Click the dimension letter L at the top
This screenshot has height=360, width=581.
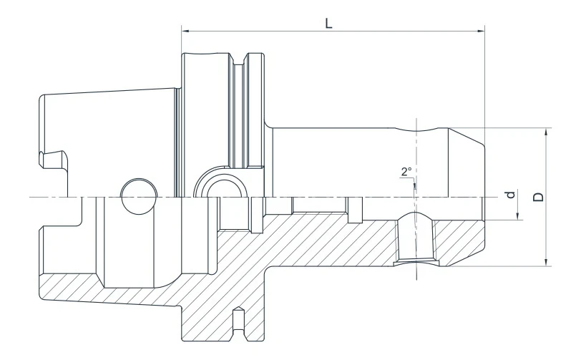click(328, 22)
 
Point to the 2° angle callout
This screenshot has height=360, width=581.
click(406, 172)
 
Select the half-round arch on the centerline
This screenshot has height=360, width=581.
click(219, 185)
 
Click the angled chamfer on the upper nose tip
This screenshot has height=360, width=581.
click(467, 137)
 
